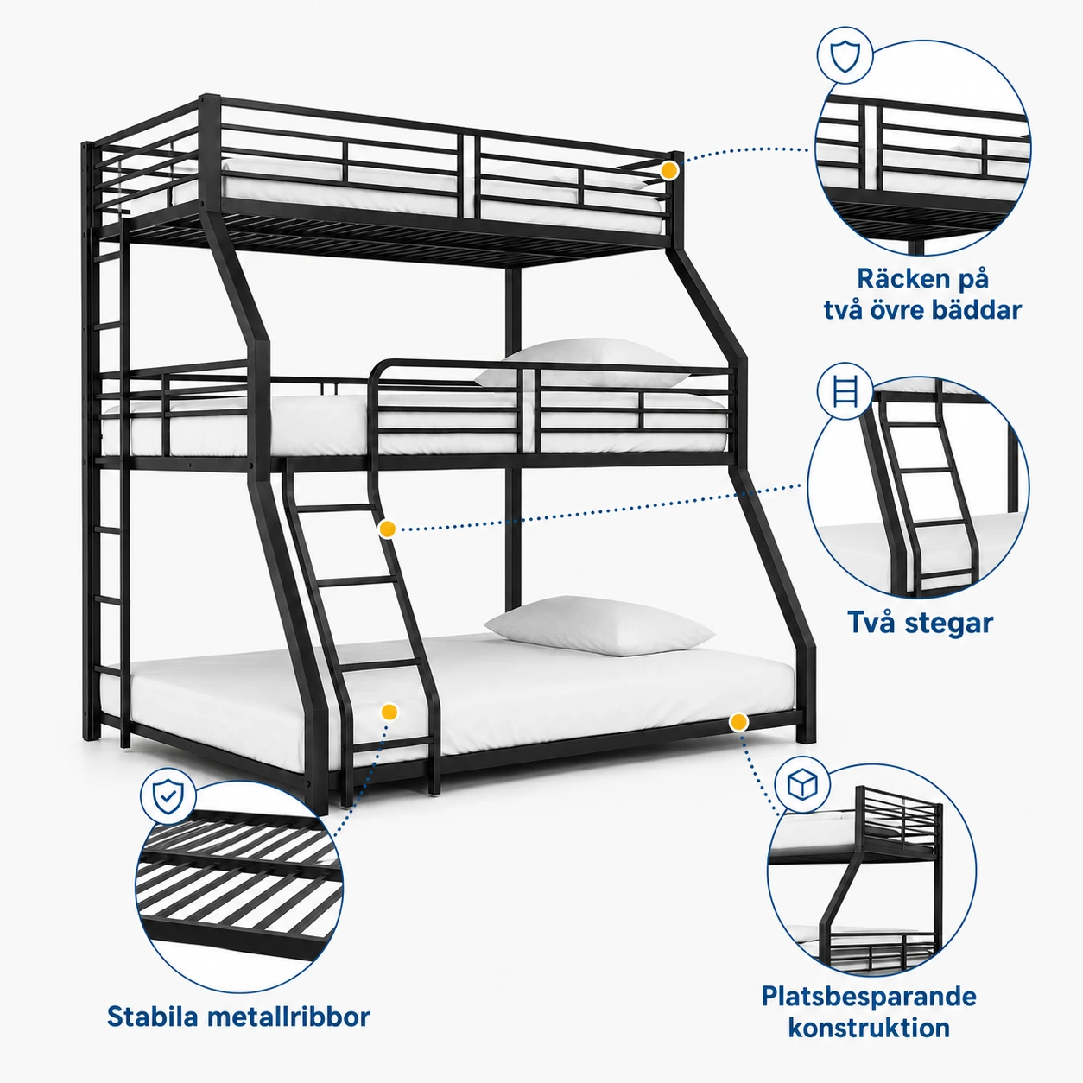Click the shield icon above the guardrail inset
[x=845, y=57]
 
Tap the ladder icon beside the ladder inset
[x=845, y=390]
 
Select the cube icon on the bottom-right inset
[x=802, y=784]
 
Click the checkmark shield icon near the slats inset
[x=168, y=796]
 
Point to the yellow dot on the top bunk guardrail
[x=668, y=170]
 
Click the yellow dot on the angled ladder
[x=387, y=529]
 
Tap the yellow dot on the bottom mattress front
[x=389, y=712]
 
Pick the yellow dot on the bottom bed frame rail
[x=739, y=722]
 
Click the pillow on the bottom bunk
[x=598, y=626]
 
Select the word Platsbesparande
[x=869, y=997]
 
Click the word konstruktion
[x=869, y=1028]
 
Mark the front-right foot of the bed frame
[x=806, y=731]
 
